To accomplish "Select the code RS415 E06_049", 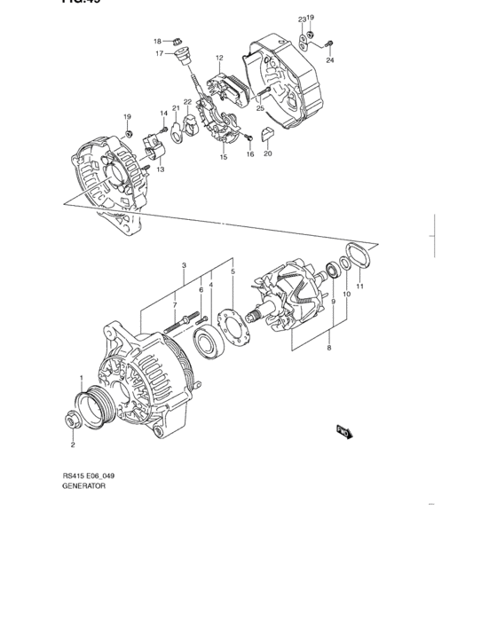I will click(x=88, y=476).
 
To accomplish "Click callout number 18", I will click(x=157, y=42).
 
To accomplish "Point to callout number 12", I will click(x=218, y=59).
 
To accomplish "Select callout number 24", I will click(x=330, y=60).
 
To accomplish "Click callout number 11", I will click(x=359, y=287).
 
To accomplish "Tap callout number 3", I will click(x=183, y=265).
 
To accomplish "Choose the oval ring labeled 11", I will click(x=358, y=258).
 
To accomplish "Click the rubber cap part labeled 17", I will click(x=185, y=59).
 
